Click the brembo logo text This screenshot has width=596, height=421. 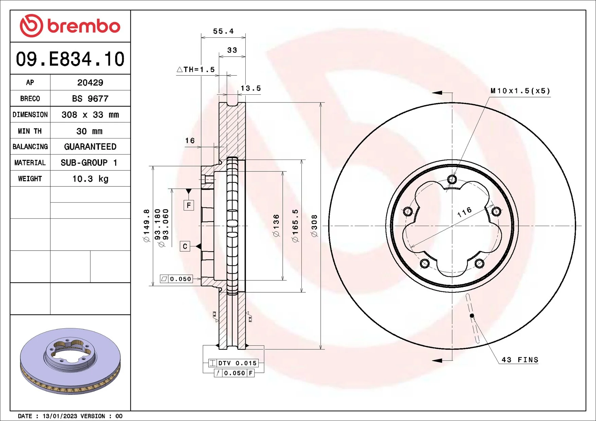click(x=84, y=26)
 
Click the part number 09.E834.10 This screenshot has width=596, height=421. click(x=70, y=59)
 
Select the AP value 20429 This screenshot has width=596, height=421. click(x=90, y=83)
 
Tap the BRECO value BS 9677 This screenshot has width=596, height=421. click(x=90, y=99)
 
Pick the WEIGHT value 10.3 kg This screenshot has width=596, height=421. click(x=90, y=179)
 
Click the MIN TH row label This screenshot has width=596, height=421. click(x=30, y=131)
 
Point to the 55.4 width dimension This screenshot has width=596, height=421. click(x=223, y=31)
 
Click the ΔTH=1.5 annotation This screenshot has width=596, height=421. click(x=196, y=70)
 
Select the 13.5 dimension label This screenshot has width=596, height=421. click(x=251, y=88)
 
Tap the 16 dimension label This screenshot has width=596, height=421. click(x=190, y=141)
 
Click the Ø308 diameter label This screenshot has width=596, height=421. click(x=314, y=225)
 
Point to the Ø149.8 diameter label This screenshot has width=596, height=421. click(x=146, y=225)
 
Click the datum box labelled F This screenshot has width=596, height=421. click(x=189, y=205)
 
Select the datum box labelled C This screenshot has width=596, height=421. click(x=185, y=246)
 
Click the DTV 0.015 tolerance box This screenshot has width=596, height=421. click(x=233, y=363)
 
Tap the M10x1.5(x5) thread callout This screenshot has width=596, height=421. click(x=520, y=91)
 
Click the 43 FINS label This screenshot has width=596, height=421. click(x=520, y=360)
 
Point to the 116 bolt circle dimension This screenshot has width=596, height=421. click(x=464, y=212)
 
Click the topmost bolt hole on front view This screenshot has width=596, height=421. click(x=452, y=179)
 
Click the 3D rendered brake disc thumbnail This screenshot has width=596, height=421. click(x=70, y=361)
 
